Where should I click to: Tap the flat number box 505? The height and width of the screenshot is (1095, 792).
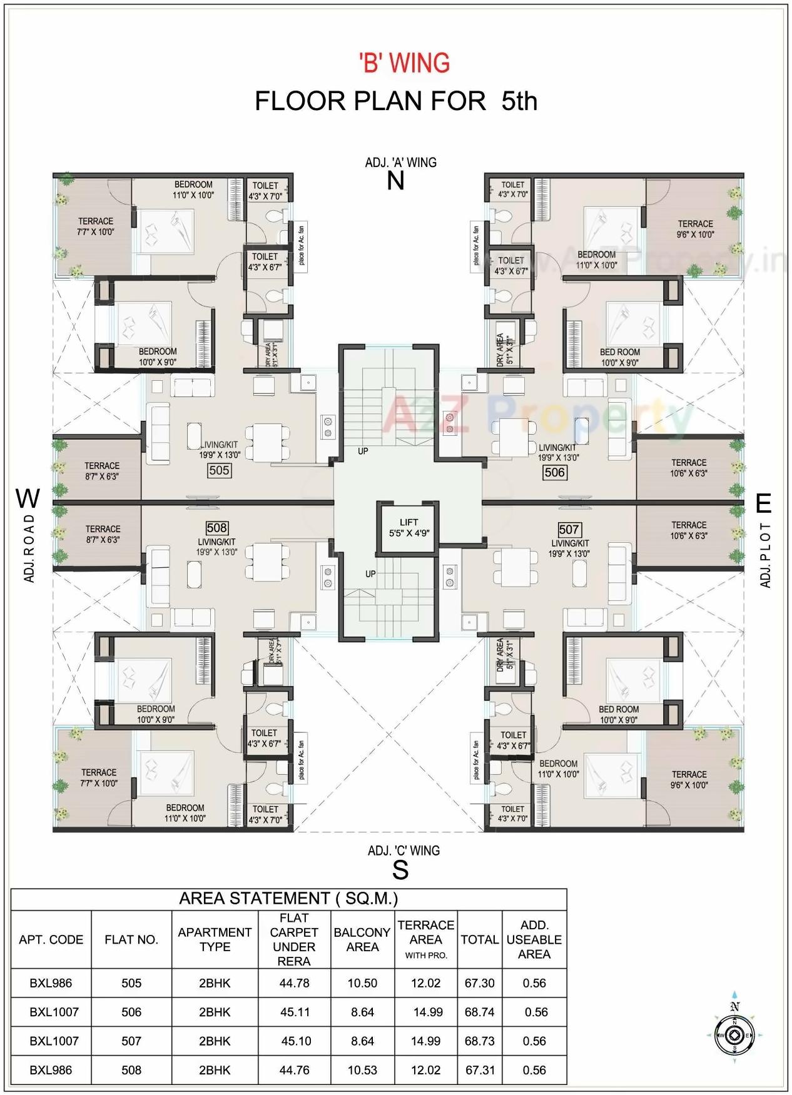point(219,470)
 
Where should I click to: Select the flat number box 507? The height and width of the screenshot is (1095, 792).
point(569,530)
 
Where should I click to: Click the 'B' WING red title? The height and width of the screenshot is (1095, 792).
point(404,63)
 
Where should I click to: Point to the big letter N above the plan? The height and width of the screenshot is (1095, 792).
point(395,181)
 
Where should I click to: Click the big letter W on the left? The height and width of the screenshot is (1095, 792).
point(28,499)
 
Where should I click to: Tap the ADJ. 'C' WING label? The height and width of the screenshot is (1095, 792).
point(404,850)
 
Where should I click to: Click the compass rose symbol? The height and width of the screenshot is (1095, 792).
point(735,1035)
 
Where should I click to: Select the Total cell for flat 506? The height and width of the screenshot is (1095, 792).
point(479,1012)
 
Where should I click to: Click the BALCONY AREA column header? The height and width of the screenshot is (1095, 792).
point(362,939)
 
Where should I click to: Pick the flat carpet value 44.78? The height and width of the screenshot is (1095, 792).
point(294,983)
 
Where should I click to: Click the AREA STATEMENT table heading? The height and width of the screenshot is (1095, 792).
point(288,899)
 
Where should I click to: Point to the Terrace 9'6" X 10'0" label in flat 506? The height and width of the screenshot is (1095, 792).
point(695,229)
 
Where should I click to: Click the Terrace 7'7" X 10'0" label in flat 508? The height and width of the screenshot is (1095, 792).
point(99,777)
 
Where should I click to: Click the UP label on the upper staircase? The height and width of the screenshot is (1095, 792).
point(363,451)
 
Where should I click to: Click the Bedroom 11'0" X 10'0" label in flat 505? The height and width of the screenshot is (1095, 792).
point(193,189)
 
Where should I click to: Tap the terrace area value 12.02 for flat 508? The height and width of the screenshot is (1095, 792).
point(425,1070)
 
